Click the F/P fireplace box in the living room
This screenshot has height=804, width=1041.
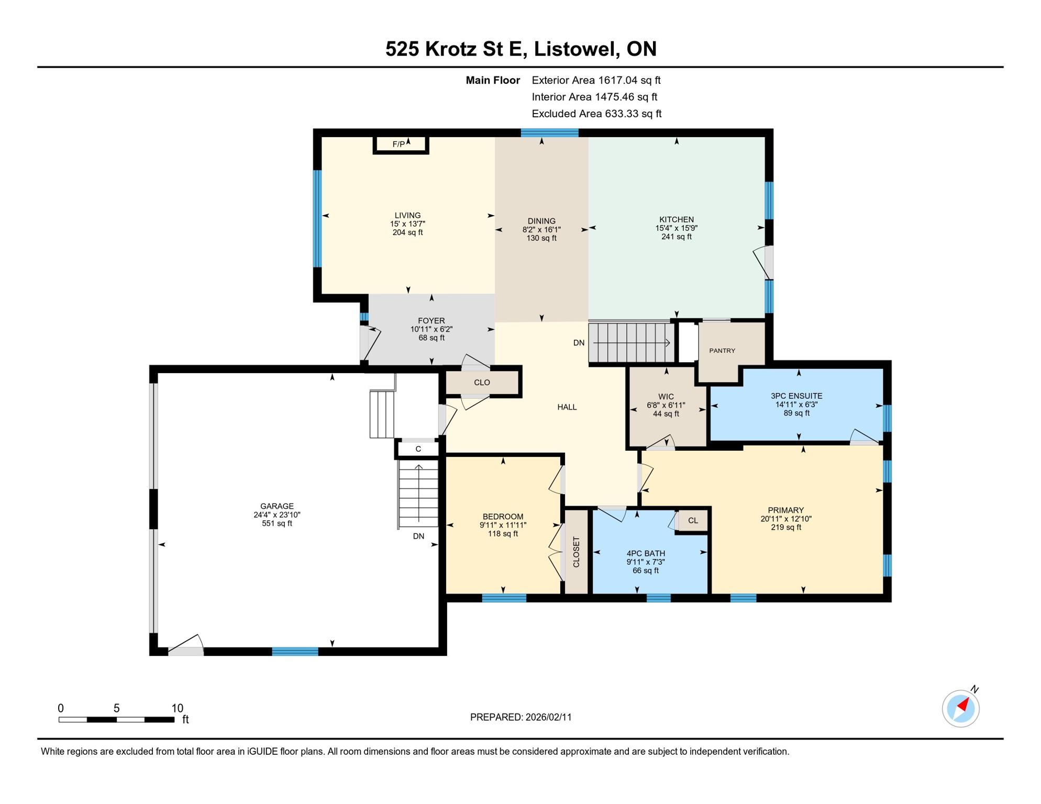pyautogui.click(x=401, y=144)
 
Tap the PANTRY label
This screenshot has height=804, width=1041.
pyautogui.click(x=722, y=351)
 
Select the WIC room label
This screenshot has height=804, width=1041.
pyautogui.click(x=666, y=397)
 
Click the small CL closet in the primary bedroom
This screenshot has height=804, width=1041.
pyautogui.click(x=693, y=521)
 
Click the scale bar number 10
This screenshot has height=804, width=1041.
pyautogui.click(x=177, y=708)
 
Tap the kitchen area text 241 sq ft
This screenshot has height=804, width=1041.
pyautogui.click(x=676, y=237)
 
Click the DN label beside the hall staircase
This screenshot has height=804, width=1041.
pyautogui.click(x=579, y=343)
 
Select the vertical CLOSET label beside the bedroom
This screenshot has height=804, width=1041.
pyautogui.click(x=577, y=552)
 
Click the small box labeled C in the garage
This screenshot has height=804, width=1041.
pyautogui.click(x=418, y=449)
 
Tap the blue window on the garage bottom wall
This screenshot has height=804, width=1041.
pyautogui.click(x=295, y=652)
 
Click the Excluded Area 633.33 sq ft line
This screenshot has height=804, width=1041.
pyautogui.click(x=596, y=114)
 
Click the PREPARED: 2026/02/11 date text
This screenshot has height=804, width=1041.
pyautogui.click(x=520, y=717)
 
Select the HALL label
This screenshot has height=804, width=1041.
pyautogui.click(x=567, y=407)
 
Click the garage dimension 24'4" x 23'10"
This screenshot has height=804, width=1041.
pyautogui.click(x=276, y=515)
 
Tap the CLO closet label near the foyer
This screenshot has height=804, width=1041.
pyautogui.click(x=482, y=383)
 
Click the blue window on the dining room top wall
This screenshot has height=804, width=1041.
pyautogui.click(x=549, y=133)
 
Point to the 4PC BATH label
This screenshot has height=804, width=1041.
pyautogui.click(x=646, y=553)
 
